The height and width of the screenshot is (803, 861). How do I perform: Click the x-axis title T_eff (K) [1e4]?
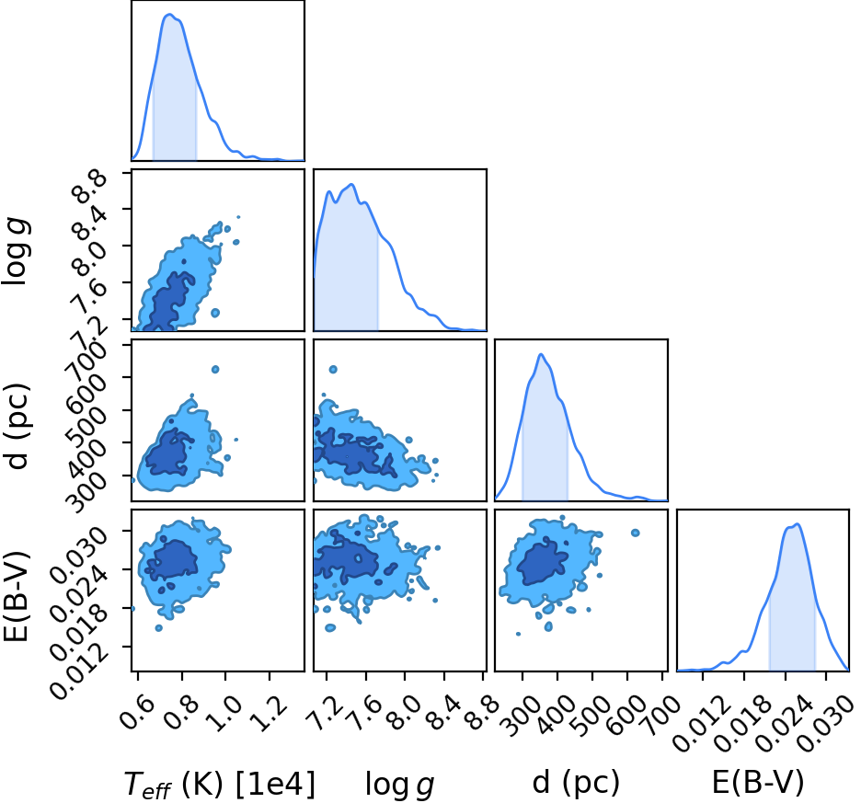click(x=220, y=784)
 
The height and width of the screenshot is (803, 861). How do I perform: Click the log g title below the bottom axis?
click(x=400, y=785)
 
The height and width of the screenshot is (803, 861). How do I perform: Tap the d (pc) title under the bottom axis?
click(x=576, y=782)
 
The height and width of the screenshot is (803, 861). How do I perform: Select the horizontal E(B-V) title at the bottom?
click(x=758, y=782)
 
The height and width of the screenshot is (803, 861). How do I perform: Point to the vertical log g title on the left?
click(x=16, y=251)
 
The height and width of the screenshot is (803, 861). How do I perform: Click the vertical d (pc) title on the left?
click(x=18, y=426)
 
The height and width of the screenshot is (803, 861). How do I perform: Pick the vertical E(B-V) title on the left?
click(x=16, y=596)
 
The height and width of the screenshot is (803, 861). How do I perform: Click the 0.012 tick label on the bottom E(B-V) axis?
click(x=693, y=723)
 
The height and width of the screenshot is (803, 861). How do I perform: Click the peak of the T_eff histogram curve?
click(x=169, y=15)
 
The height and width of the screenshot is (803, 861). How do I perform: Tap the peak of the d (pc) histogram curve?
click(x=541, y=354)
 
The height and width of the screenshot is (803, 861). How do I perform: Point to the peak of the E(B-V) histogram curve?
click(x=798, y=524)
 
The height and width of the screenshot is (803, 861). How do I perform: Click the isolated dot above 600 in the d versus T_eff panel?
click(x=215, y=369)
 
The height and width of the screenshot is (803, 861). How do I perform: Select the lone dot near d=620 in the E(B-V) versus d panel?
click(x=636, y=533)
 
